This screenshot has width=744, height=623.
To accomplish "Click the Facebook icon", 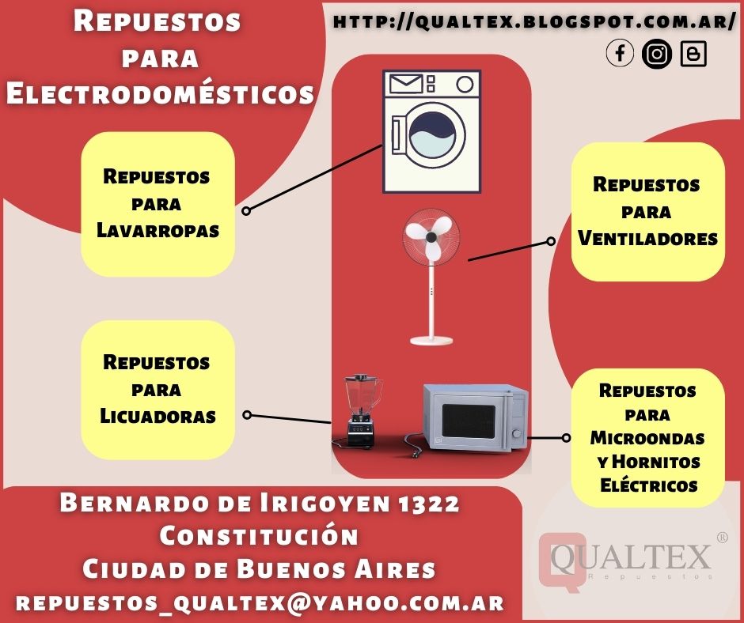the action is click(x=621, y=54).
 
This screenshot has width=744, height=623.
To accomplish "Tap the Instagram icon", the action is click(x=656, y=54).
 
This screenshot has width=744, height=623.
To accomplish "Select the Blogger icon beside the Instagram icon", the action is click(x=693, y=54).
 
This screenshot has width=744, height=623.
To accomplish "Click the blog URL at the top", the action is click(x=534, y=22).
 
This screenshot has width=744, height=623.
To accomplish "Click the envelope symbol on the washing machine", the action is click(x=404, y=82).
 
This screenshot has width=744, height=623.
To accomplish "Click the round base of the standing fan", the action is click(x=431, y=341).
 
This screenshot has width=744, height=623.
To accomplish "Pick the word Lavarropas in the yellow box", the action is click(x=158, y=230).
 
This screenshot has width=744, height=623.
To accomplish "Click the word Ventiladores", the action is click(x=647, y=238).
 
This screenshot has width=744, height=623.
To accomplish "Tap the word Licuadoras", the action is click(x=158, y=415).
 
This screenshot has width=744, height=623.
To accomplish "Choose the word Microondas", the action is click(x=647, y=437).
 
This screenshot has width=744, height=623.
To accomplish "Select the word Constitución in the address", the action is click(x=259, y=535).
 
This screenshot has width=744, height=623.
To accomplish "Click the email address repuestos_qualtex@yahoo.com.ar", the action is click(x=260, y=602).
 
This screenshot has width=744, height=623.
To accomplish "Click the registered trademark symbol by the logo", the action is click(x=722, y=538).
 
